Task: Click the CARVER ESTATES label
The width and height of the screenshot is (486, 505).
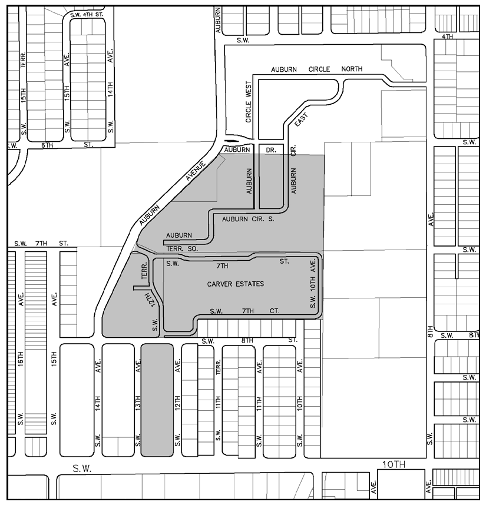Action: pos(235,284)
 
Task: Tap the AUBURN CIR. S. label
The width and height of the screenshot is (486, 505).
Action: pos(248,219)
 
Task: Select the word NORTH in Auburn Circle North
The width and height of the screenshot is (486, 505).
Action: pos(352,69)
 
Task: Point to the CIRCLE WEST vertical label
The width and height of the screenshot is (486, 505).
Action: pos(249,102)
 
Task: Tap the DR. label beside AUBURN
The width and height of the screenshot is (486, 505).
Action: pos(271,149)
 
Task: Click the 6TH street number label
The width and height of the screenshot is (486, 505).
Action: pos(47,145)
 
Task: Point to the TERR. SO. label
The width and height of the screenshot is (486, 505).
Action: pos(182,249)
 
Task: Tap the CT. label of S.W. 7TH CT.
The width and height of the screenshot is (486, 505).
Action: pos(275,311)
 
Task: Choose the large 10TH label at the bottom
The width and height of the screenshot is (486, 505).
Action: pos(394,464)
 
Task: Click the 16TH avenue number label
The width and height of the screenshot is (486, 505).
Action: pos(21,358)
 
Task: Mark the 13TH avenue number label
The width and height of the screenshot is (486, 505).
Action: pos(138,403)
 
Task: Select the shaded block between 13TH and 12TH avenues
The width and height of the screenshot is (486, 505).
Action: pos(157,400)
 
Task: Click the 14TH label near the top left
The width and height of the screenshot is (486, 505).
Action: pos(110,89)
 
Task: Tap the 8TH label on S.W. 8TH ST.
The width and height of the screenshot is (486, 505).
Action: pos(247,341)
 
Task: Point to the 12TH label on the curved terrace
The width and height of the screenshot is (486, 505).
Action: pos(153,300)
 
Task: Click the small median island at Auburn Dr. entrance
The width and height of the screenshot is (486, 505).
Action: pos(231,141)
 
